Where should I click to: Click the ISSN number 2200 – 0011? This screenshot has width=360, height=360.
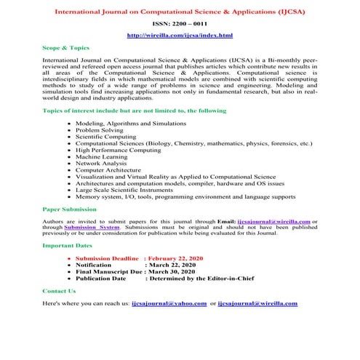180,24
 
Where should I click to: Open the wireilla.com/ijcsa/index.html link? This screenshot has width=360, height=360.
180,35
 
